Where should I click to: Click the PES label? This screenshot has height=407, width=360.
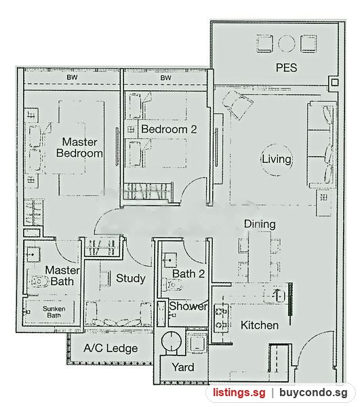click(x=286, y=67)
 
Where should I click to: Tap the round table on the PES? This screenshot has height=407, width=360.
click(x=286, y=43)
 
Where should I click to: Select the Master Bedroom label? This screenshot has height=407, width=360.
click(x=79, y=147)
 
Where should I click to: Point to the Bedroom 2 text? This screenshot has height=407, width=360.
click(x=169, y=129)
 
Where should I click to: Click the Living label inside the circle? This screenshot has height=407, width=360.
click(x=276, y=159)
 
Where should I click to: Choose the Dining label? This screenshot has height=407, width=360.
click(x=260, y=224)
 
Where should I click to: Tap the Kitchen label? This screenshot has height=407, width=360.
click(x=260, y=325)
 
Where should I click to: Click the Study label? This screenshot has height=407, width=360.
click(x=130, y=279)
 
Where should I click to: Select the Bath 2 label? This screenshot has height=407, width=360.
click(x=188, y=273)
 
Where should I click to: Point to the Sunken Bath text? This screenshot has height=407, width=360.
click(x=54, y=312)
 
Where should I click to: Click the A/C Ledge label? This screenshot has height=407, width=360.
click(x=111, y=349)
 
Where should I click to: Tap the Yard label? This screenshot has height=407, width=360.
click(x=183, y=367)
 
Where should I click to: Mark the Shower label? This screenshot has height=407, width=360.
click(x=188, y=307)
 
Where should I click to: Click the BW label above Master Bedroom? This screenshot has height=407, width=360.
click(x=72, y=77)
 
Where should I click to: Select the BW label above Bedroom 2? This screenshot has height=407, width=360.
click(x=165, y=77)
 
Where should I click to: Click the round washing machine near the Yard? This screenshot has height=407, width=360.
click(x=171, y=341)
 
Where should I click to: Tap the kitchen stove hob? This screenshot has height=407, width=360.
click(x=221, y=317)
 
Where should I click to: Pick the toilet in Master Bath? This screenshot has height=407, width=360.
click(x=40, y=282)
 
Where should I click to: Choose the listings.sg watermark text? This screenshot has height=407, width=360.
click(x=239, y=393)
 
